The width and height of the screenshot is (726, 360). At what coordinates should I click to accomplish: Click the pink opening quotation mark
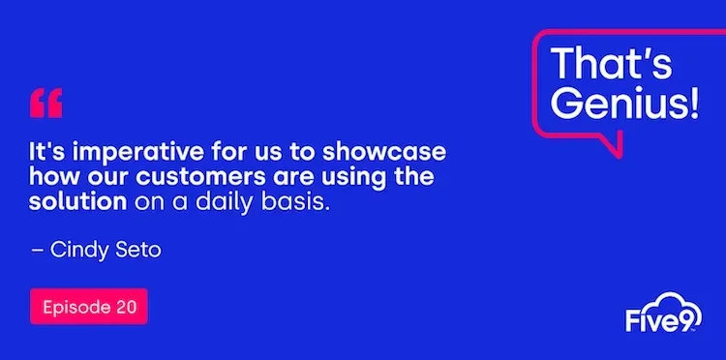46,103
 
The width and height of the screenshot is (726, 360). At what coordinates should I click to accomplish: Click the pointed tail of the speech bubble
609,148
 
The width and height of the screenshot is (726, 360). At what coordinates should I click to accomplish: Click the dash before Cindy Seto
38,250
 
